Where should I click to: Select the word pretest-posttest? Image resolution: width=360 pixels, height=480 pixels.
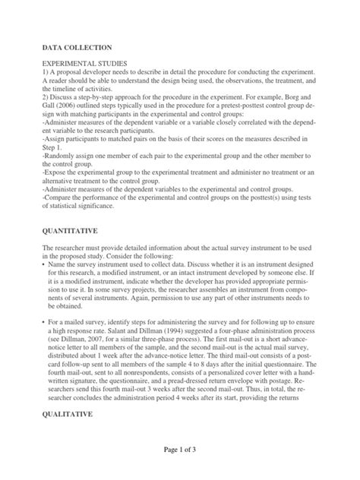point(248,108)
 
